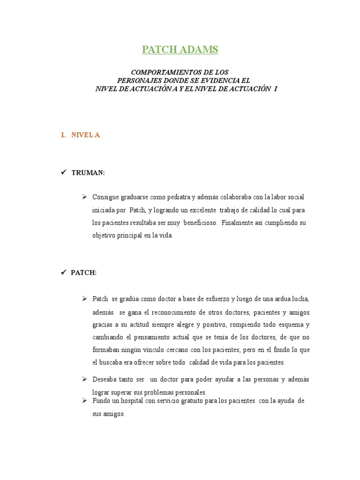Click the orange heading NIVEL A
tap(86, 135)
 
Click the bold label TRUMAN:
tap(88, 173)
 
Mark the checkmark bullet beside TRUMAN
tap(64, 173)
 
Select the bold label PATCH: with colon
tap(84, 273)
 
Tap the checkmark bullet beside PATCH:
tap(64, 273)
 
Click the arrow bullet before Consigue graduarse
tap(84, 197)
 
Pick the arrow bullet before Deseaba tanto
tap(84, 378)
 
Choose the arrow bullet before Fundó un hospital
tap(84, 401)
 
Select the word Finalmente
tap(238, 223)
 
